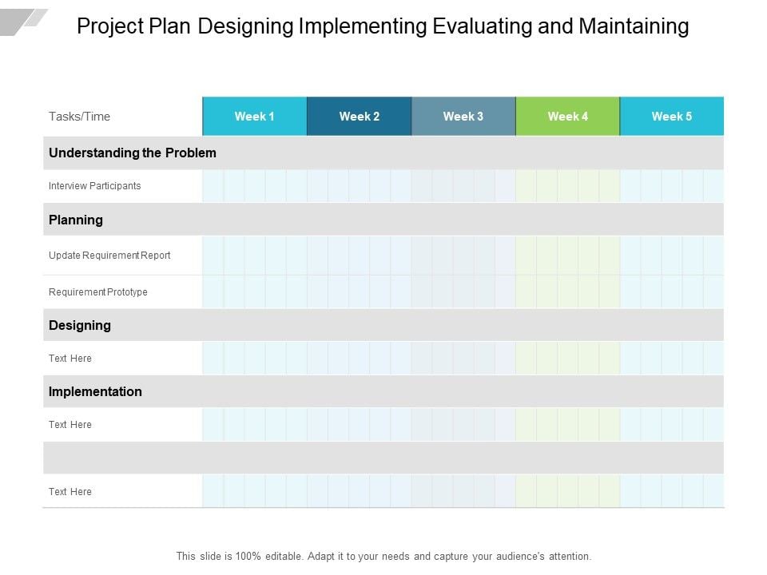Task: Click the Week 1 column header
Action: pos(254,117)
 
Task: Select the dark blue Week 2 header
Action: pos(359,117)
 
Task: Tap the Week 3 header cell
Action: pos(463,117)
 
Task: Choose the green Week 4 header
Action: pos(567,117)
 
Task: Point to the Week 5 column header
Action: pos(672,117)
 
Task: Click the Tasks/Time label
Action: pos(79,117)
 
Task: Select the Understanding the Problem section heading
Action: pos(132,153)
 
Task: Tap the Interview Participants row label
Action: pos(94,186)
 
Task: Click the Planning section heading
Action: pos(75,220)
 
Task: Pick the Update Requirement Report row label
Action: pos(109,256)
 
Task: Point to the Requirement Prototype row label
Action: pos(97,292)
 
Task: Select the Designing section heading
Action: pos(79,325)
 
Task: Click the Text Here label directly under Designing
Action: pos(70,359)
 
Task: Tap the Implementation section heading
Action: pos(95,391)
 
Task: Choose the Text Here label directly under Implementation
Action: pos(70,425)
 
